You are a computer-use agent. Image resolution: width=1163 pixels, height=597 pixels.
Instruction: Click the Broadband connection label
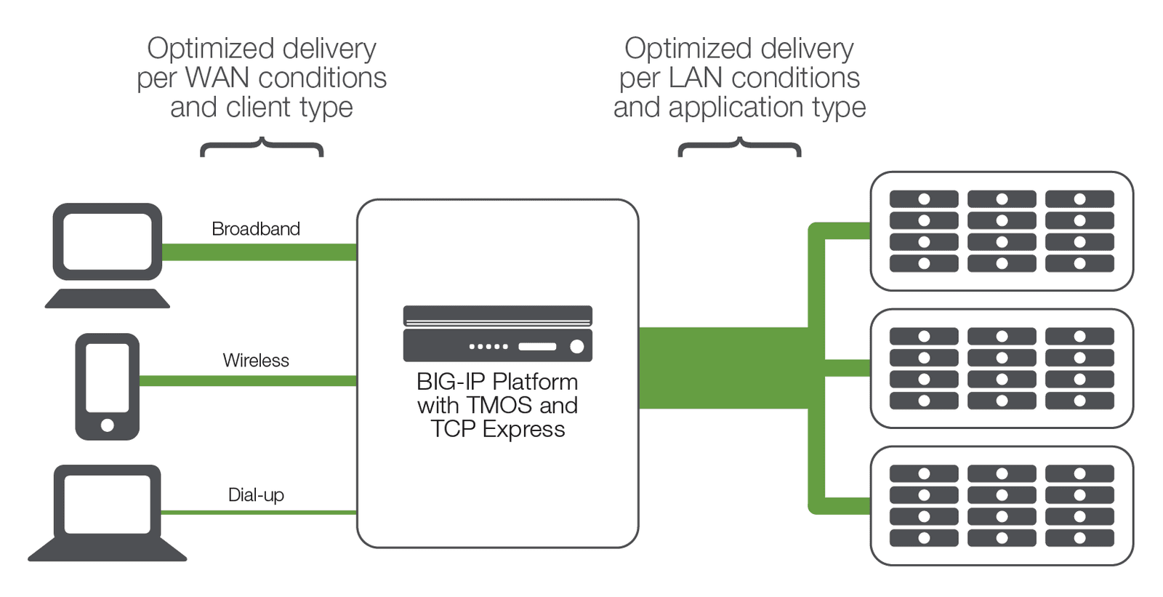[x=255, y=229]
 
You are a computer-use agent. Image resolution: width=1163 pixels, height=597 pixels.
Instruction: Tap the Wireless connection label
[x=255, y=361]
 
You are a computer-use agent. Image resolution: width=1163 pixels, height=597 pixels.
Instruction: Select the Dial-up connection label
[x=255, y=495]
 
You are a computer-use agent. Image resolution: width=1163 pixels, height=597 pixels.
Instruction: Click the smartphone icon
[x=107, y=386]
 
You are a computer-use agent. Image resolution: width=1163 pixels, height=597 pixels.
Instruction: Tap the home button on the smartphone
[x=107, y=425]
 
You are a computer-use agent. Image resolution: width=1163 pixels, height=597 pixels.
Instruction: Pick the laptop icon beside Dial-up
[x=108, y=513]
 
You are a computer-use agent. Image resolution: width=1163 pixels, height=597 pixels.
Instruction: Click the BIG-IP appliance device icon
[x=497, y=334]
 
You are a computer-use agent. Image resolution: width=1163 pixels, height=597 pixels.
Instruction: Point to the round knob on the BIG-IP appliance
[x=576, y=347]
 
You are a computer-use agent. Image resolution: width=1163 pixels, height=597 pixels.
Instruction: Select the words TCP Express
[x=497, y=429]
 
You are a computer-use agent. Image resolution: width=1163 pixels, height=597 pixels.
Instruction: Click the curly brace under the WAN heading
[x=262, y=147]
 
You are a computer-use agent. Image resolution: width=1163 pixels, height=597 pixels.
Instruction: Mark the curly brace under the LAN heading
[x=739, y=147]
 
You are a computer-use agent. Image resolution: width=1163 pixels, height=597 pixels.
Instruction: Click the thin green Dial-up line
[x=258, y=513]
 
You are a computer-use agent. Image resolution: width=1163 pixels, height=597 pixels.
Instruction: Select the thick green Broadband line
[x=258, y=252]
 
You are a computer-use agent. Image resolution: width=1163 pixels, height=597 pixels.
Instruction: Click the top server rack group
[x=1002, y=231]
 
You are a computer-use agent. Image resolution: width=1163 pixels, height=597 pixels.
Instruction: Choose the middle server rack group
[x=1002, y=369]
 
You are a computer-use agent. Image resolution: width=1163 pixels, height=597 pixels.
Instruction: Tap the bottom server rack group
[x=1002, y=506]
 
